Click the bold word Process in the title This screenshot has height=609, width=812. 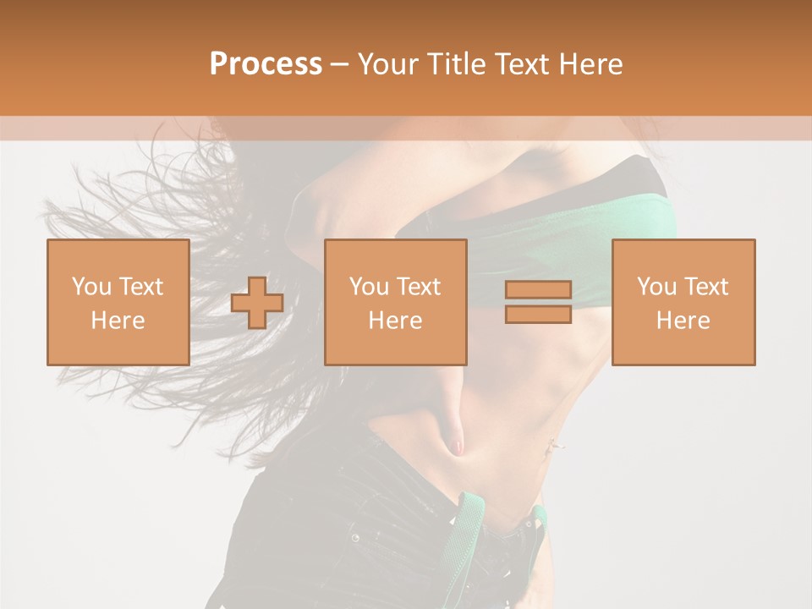coord(266,64)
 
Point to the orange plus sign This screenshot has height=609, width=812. coord(257,303)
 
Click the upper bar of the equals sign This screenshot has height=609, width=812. coord(538,290)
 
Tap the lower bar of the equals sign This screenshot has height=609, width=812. coord(538,314)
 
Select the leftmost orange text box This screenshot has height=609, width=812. coord(118,302)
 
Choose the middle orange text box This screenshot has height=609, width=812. coord(395,302)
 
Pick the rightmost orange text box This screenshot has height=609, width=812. coord(683,302)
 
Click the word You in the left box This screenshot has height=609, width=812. coord(91,287)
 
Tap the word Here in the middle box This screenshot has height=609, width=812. coord(395,321)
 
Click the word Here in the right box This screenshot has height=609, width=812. coord(683,321)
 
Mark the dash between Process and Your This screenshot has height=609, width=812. coord(340,65)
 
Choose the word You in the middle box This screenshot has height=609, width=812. coord(368,287)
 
